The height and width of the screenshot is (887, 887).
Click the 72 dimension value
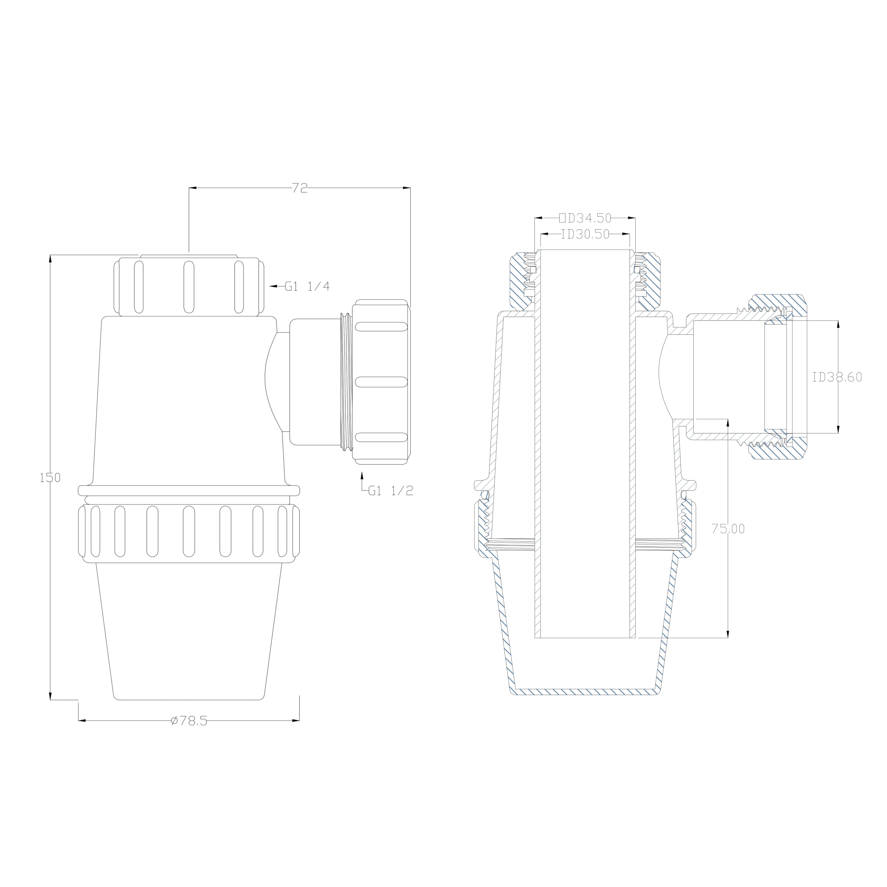click(x=300, y=188)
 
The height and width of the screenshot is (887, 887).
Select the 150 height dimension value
click(x=50, y=477)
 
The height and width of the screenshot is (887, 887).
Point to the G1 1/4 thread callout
click(x=307, y=286)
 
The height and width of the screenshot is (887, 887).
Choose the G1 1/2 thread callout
click(x=391, y=491)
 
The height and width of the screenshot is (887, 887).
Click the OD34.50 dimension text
click(x=585, y=218)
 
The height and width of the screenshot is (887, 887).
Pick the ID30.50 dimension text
click(x=585, y=234)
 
